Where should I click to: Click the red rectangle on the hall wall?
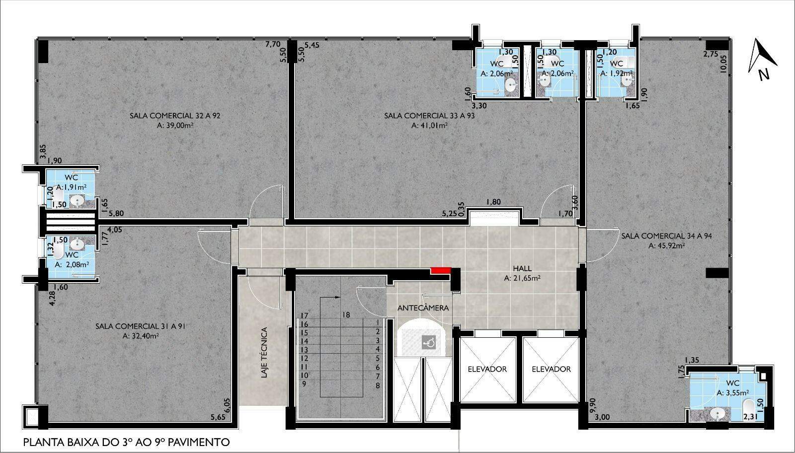[441, 270]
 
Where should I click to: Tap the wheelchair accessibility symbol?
[428, 343]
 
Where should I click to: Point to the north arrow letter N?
[764, 75]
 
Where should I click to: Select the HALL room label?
[522, 269]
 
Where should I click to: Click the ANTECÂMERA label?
[423, 308]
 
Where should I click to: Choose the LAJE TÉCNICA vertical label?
[264, 352]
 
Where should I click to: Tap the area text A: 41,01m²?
[429, 125]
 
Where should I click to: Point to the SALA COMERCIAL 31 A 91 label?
[141, 326]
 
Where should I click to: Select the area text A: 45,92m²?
[666, 245]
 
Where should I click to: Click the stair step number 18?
[346, 314]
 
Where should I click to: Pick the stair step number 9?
[304, 384]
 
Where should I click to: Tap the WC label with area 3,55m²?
[732, 383]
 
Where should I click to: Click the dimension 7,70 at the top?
[273, 44]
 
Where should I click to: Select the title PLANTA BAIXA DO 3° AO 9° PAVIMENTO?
[126, 443]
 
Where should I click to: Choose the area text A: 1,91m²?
[72, 187]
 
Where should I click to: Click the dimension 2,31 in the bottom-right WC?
[750, 417]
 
